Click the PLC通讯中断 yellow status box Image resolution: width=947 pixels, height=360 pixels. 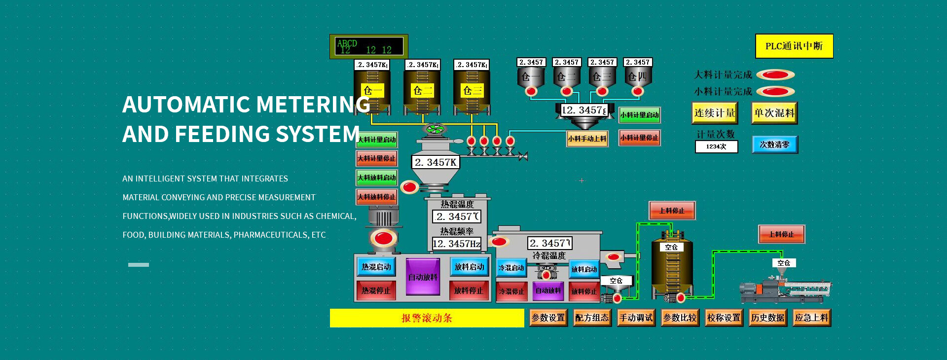pos(794,46)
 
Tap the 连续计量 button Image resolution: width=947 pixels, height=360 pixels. pos(715,113)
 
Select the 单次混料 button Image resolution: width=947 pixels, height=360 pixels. pos(774,113)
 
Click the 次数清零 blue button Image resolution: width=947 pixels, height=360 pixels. pos(774,145)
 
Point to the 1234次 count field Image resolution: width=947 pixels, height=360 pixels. pos(716,146)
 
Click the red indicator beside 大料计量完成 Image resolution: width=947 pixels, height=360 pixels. pos(775,75)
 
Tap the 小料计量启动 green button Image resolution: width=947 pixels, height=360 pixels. pos(639,115)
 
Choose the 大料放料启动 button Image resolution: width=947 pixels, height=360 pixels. pos(377,178)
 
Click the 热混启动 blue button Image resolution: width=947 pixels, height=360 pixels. pos(376,267)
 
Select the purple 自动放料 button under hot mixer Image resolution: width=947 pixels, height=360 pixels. pos(423,277)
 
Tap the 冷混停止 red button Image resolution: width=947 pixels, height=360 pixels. pos(511,291)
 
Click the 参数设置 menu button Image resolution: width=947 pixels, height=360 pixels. pos(548,318)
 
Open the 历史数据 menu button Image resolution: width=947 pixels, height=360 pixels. pos(767,318)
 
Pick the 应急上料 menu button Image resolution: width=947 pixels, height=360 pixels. pos(811,318)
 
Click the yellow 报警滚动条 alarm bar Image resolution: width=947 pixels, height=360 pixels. pos(427,318)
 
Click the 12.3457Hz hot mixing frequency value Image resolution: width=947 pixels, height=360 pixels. pos(456,244)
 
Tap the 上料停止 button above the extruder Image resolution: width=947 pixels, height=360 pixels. pos(781,234)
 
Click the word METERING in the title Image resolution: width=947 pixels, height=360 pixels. pos(313,105)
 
